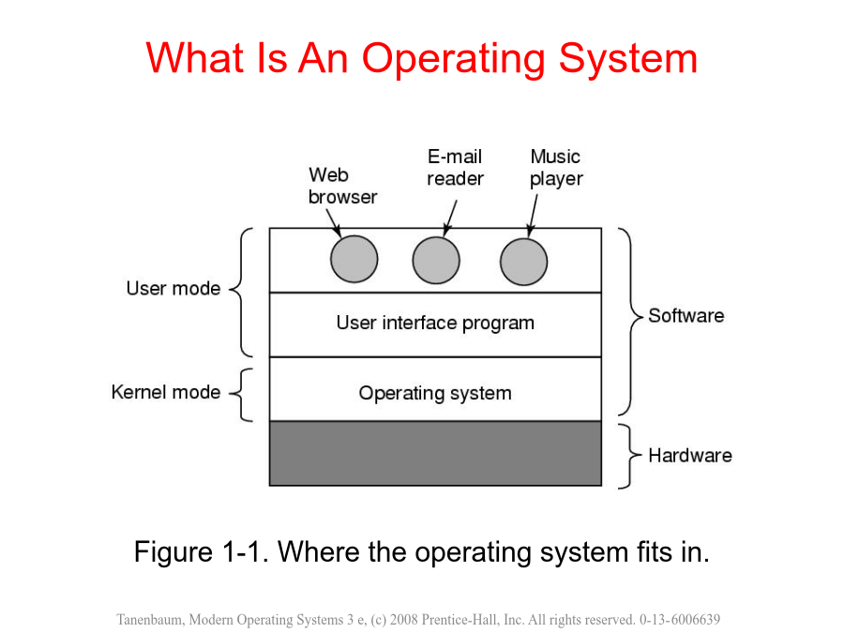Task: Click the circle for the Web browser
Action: coord(354,259)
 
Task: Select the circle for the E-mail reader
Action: coord(436,261)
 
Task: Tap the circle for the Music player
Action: coord(523,262)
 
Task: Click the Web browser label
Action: coord(342,186)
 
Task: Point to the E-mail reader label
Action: coord(456,168)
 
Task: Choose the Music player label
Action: coord(556,168)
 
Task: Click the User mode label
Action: coord(173,289)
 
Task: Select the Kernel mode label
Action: coord(166,392)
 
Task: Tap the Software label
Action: coord(686,315)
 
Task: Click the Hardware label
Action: coord(690,456)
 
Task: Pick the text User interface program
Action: coord(435,323)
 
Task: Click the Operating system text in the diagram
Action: coord(435,394)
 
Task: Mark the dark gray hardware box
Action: coord(435,454)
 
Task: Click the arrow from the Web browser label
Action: coord(334,223)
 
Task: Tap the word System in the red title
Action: coord(628,58)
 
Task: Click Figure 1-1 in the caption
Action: coord(201,552)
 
